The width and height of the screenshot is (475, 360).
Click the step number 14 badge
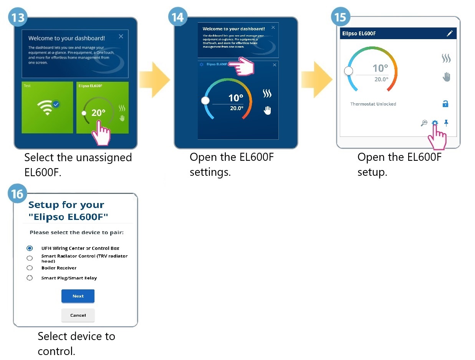point(177,18)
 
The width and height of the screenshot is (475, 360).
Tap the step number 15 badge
point(340,18)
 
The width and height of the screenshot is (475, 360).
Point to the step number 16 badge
point(17,194)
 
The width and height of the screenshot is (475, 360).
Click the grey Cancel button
point(78,315)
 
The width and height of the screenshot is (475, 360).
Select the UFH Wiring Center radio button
point(30,248)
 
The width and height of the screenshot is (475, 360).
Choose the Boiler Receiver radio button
point(30,268)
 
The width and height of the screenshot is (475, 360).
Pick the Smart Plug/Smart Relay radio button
point(30,278)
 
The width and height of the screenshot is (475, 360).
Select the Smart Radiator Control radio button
point(30,258)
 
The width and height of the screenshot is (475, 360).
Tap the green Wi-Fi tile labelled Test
point(47,107)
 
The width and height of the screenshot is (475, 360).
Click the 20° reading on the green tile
point(98,113)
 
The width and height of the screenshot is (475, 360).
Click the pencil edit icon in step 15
point(450,34)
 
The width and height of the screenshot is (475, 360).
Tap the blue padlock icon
point(445,104)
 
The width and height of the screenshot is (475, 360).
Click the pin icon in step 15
point(446,123)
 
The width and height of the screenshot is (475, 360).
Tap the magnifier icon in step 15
point(424,123)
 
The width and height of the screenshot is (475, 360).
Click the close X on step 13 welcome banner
point(121,36)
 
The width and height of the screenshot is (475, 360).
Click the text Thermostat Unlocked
point(373,104)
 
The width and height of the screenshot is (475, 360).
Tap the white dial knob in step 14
point(206,101)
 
